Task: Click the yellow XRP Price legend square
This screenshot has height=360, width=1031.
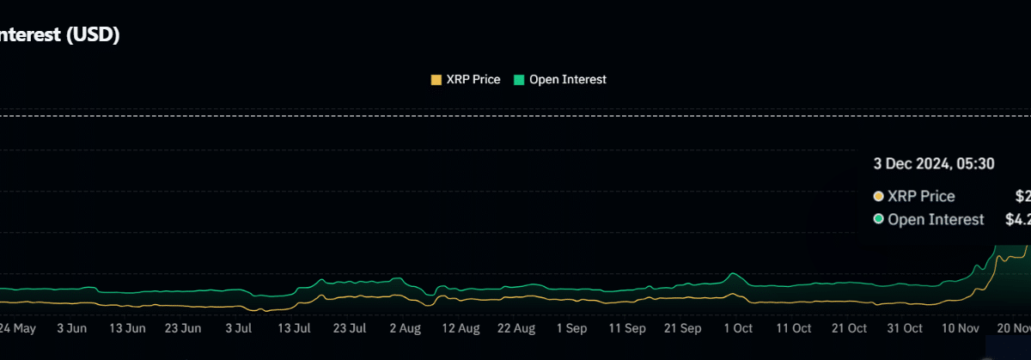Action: click(x=436, y=80)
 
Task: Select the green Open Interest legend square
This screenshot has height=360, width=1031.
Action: click(x=519, y=80)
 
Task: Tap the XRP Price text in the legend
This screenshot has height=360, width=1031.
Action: click(x=473, y=80)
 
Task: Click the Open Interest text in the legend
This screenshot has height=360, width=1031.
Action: click(x=568, y=80)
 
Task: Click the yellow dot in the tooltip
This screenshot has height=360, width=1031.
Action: click(x=878, y=197)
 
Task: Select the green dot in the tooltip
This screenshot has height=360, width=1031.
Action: click(x=878, y=220)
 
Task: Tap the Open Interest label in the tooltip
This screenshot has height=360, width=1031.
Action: click(x=936, y=220)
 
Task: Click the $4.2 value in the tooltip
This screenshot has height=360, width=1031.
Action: click(x=1017, y=220)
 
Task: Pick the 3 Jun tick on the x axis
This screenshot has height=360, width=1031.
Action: click(x=71, y=328)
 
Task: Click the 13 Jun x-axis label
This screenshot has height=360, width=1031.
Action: click(x=127, y=328)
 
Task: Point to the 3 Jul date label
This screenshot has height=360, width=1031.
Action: click(x=238, y=328)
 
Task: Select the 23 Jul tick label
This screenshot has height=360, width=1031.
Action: click(x=350, y=328)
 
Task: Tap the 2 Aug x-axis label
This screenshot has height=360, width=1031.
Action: click(x=405, y=328)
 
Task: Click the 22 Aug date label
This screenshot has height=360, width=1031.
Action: click(x=516, y=328)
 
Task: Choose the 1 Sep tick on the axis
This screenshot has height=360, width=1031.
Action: click(x=571, y=328)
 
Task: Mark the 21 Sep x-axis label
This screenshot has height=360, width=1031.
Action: click(x=683, y=328)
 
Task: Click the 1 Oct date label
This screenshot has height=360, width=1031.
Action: click(x=738, y=328)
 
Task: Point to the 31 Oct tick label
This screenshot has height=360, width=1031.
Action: click(x=905, y=328)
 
